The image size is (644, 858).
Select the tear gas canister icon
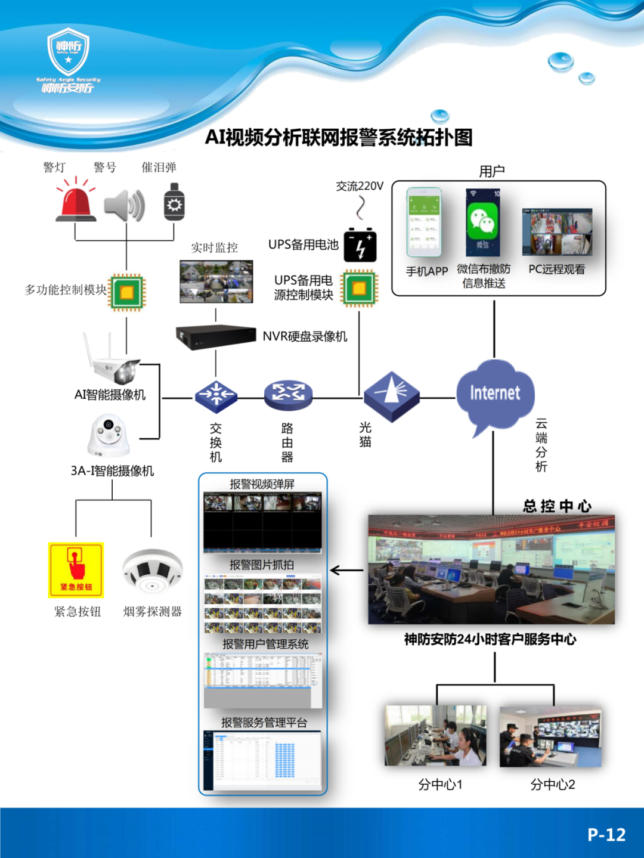click(x=174, y=202)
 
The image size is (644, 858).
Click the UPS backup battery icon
click(x=360, y=245)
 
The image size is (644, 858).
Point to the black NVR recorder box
click(x=215, y=337)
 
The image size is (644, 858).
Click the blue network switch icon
click(x=216, y=395)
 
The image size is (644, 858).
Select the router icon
click(x=288, y=395)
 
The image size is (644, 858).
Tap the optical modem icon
click(x=391, y=397)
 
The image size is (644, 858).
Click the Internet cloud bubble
click(x=495, y=394)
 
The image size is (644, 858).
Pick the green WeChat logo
click(x=482, y=220)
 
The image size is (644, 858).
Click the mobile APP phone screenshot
click(x=424, y=222)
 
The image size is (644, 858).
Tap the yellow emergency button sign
click(x=76, y=570)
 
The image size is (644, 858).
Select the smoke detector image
click(x=152, y=571)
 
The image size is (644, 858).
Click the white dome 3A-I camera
click(x=109, y=436)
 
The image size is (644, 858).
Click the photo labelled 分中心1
click(x=435, y=736)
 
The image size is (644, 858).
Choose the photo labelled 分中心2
click(x=550, y=737)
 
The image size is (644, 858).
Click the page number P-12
click(x=606, y=834)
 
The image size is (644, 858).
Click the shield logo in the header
click(x=69, y=52)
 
